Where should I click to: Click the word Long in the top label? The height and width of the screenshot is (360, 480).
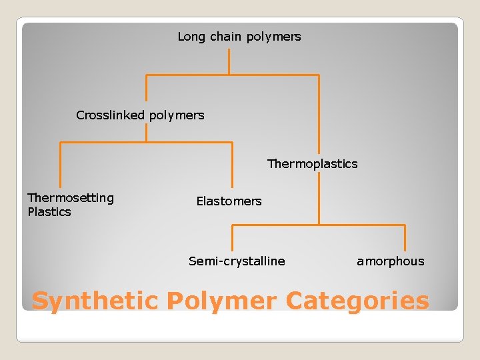[x=191, y=37]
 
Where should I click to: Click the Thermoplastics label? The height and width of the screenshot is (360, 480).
[x=312, y=163]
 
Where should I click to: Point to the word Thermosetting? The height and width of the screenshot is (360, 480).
[x=71, y=197]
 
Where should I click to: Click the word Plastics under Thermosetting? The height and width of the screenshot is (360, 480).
[x=49, y=212]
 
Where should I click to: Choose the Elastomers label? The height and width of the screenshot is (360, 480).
[x=229, y=201]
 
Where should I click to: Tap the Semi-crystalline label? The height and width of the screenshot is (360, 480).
[x=237, y=261]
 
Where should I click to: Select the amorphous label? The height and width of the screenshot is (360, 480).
[x=390, y=261]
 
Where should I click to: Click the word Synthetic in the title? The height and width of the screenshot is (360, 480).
[x=95, y=301]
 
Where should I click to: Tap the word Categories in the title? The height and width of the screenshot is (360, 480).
[x=357, y=301]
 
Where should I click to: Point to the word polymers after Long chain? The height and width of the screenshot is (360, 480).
[x=273, y=37]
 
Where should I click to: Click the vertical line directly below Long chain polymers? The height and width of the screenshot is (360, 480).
[x=229, y=61]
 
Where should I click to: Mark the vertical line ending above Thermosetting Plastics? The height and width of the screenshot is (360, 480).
[x=61, y=165]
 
